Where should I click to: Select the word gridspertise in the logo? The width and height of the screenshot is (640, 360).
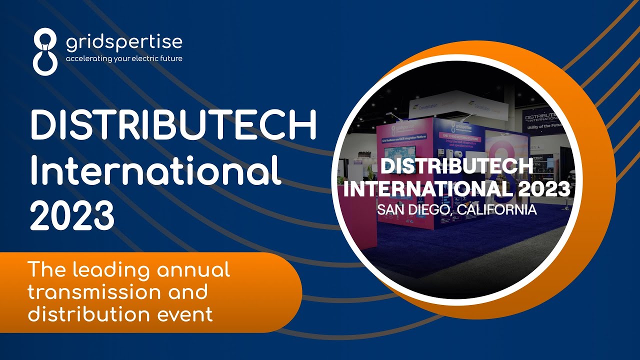click(124, 43)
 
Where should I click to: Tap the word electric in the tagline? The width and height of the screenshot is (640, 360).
click(147, 58)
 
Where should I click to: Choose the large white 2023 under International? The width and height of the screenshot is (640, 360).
click(72, 215)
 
